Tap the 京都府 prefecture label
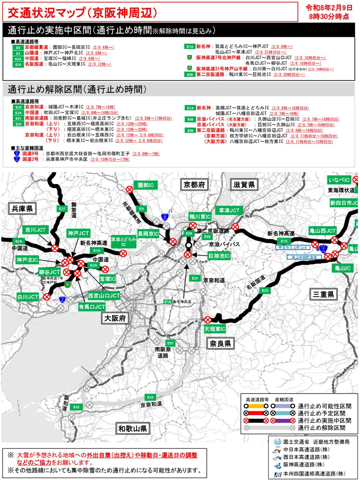click(194, 184)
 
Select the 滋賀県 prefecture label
click(243, 184)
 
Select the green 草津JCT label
click(229, 210)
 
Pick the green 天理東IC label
click(215, 329)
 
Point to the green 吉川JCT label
click(35, 230)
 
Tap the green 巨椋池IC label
click(219, 255)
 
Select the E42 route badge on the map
click(77, 407)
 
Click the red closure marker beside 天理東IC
click(208, 320)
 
